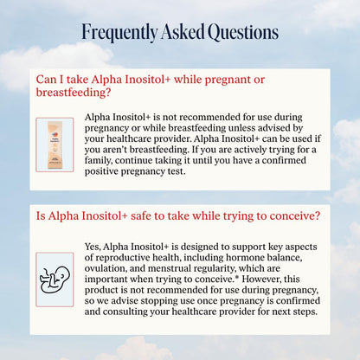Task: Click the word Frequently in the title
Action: [x=119, y=33]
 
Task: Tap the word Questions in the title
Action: [x=243, y=32]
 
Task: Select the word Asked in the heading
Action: [x=183, y=31]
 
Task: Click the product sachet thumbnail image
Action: [x=55, y=145]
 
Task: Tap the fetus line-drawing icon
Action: [x=55, y=280]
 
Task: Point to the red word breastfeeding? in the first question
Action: [x=74, y=93]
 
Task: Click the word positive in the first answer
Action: [x=101, y=171]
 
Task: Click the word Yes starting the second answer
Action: [x=93, y=247]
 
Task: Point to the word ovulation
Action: [x=106, y=269]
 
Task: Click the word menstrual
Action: [x=170, y=268]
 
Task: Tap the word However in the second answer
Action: [x=261, y=280]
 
